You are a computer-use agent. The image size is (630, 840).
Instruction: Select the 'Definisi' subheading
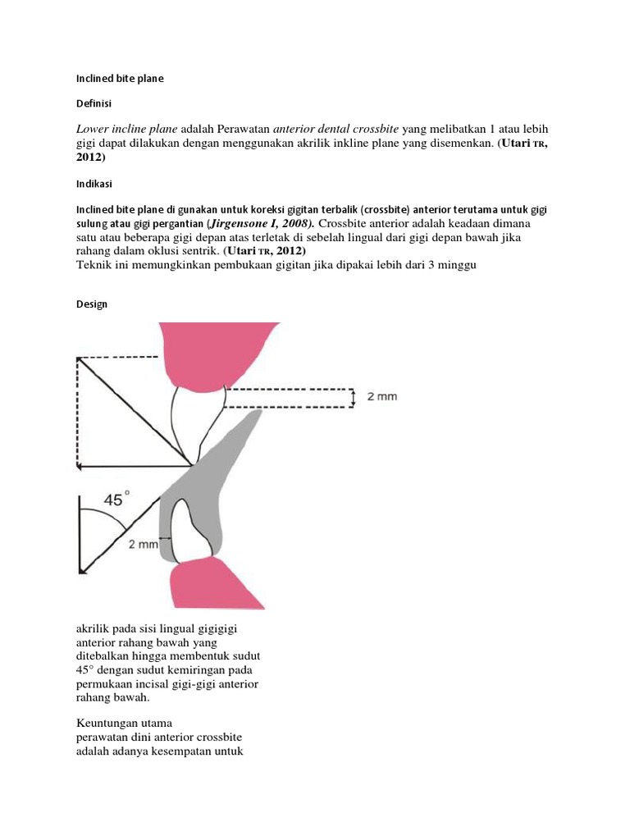pos(94,104)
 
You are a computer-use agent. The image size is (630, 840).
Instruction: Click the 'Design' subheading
pos(92,304)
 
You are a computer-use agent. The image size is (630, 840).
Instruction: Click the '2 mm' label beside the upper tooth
pos(381,397)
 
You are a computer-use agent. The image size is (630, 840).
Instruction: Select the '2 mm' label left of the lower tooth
pos(143,542)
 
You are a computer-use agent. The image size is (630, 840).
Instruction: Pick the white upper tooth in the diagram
pos(197,418)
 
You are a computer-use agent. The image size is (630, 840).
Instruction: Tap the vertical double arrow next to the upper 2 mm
pos(353,398)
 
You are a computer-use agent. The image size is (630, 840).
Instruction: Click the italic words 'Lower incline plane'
pos(126,130)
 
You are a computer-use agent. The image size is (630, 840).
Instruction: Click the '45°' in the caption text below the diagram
pos(86,670)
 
